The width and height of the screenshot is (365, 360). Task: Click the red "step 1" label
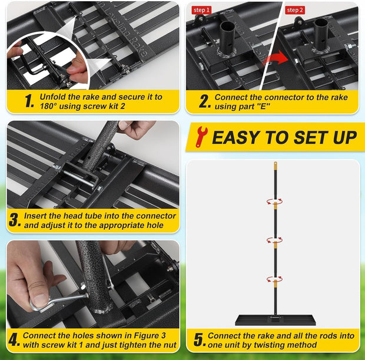tap(201, 10)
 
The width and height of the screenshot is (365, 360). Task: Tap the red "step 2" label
tap(295, 10)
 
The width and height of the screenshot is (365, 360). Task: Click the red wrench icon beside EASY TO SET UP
tap(201, 137)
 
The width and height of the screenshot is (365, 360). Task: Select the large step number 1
tap(29, 101)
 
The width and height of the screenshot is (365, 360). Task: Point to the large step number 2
tap(205, 101)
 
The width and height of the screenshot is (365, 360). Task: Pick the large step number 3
tap(15, 220)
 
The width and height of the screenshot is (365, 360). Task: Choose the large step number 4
tap(14, 340)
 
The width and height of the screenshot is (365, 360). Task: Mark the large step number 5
tap(200, 340)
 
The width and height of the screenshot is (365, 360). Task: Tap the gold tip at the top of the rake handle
tap(276, 166)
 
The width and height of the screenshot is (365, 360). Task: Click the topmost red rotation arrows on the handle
tap(275, 202)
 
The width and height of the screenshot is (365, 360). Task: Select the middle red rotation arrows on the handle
tap(275, 240)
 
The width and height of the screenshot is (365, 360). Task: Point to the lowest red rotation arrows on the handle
tap(275, 279)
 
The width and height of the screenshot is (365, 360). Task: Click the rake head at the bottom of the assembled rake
tap(276, 320)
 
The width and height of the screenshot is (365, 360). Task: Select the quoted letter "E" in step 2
tap(264, 107)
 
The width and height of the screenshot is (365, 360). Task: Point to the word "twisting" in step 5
tap(268, 345)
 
